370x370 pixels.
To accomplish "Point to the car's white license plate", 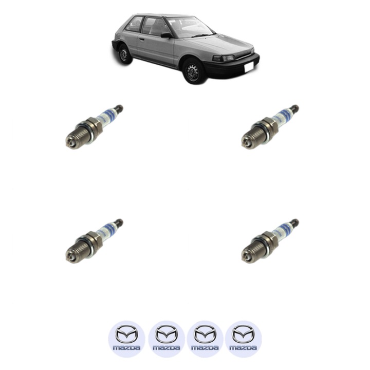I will tap(250, 66).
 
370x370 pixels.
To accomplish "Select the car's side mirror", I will tap(166, 35).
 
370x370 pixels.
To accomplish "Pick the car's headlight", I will tap(224, 58).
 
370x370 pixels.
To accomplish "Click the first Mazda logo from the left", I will tap(126, 339).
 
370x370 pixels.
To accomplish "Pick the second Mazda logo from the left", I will tap(166, 339).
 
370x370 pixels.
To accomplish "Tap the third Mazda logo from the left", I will tap(205, 339).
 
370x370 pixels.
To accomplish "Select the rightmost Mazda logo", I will tap(243, 339).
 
